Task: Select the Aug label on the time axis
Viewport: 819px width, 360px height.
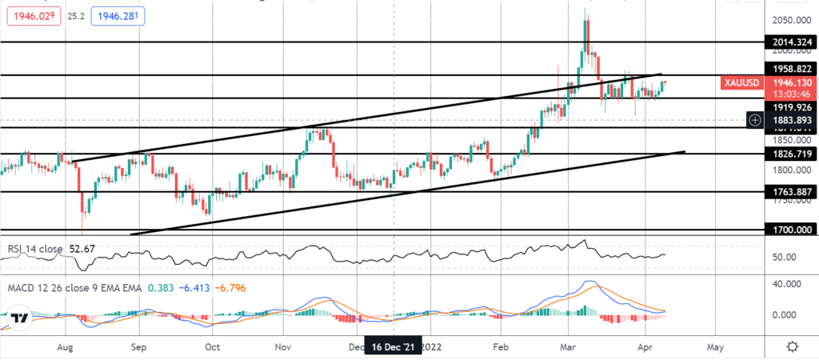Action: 66,347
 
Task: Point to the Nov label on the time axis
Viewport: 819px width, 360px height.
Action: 283,347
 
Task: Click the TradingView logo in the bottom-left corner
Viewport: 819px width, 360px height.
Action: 22,317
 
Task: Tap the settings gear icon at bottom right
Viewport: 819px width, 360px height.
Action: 792,346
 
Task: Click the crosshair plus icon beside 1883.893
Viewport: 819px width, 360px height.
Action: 754,120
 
